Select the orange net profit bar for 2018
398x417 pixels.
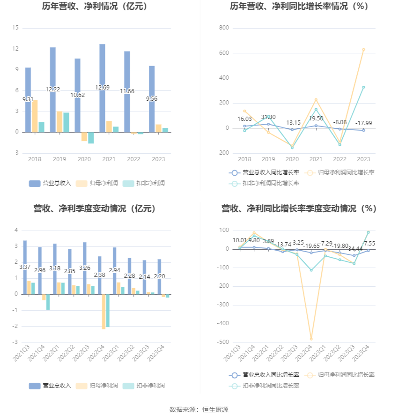point(35,116)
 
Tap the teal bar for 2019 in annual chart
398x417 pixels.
point(66,122)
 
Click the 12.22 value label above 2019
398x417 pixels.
point(53,89)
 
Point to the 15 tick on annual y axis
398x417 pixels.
point(15,28)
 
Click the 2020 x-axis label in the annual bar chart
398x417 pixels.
point(84,159)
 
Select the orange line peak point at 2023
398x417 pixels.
point(363,50)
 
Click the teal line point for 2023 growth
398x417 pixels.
point(363,87)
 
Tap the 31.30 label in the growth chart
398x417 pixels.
point(268,117)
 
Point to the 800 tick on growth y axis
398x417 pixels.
point(224,28)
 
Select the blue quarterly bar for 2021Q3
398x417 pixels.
point(25,267)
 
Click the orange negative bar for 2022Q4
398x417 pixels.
point(103,312)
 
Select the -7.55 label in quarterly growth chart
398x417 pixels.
point(369,244)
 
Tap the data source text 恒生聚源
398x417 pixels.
point(215,410)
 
